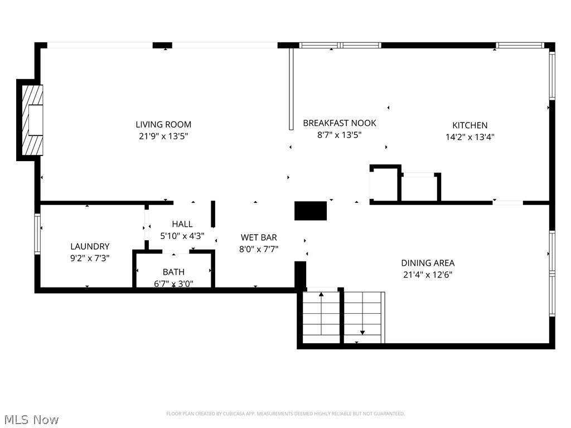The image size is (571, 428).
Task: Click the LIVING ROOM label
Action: click(x=163, y=124)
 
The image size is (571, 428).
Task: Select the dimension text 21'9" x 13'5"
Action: click(x=163, y=136)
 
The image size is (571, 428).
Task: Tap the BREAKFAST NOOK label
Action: click(x=339, y=123)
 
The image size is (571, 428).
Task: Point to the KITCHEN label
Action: click(x=470, y=125)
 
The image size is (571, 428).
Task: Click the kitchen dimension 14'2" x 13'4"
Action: click(x=470, y=137)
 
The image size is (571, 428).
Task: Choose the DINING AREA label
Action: click(x=428, y=262)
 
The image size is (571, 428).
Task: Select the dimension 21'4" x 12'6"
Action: click(x=428, y=274)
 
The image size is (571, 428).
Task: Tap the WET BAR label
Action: click(x=259, y=237)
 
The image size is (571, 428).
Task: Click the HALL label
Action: click(x=182, y=224)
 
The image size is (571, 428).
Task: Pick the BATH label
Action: click(x=173, y=272)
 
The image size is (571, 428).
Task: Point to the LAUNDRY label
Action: click(x=90, y=246)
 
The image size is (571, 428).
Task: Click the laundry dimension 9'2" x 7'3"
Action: click(x=90, y=258)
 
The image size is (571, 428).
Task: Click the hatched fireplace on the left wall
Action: click(x=31, y=120)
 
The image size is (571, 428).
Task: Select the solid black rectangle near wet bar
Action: click(x=310, y=211)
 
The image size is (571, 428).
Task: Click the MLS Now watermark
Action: click(x=31, y=419)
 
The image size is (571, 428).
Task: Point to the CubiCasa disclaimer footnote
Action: click(x=285, y=414)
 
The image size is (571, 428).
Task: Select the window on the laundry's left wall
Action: click(x=37, y=234)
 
